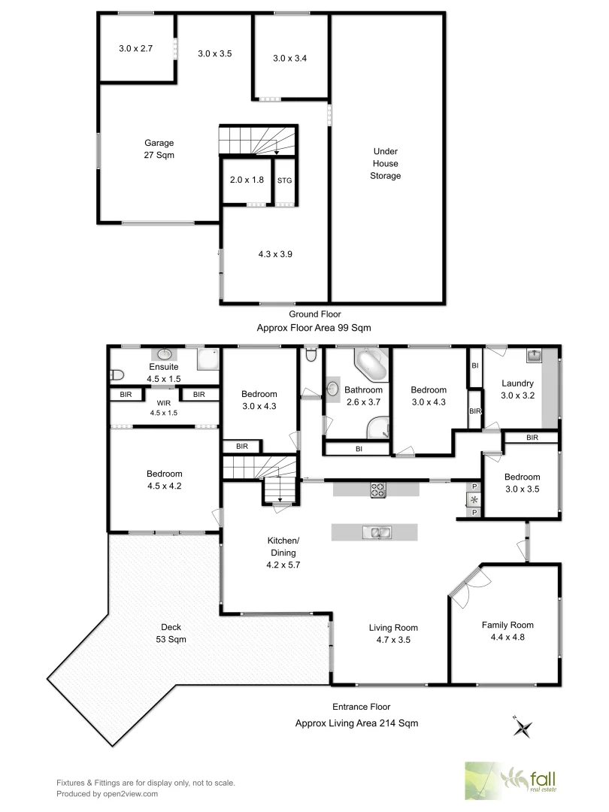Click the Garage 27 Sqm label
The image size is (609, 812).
point(159,149)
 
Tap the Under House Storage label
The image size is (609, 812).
point(386,163)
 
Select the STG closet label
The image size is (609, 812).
point(284,180)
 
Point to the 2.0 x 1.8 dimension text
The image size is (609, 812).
point(246,180)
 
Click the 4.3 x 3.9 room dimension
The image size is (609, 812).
point(274,254)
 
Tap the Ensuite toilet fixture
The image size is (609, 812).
point(116,374)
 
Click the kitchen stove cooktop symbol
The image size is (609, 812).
point(377,489)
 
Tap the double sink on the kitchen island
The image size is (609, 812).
point(375,532)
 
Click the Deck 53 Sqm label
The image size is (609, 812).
point(171,633)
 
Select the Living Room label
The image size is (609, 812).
point(393,634)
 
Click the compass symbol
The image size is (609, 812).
point(523,726)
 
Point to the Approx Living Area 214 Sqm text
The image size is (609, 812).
point(356,723)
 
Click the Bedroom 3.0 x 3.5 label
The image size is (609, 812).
point(522,482)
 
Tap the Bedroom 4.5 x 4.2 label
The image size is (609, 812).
point(164,480)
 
